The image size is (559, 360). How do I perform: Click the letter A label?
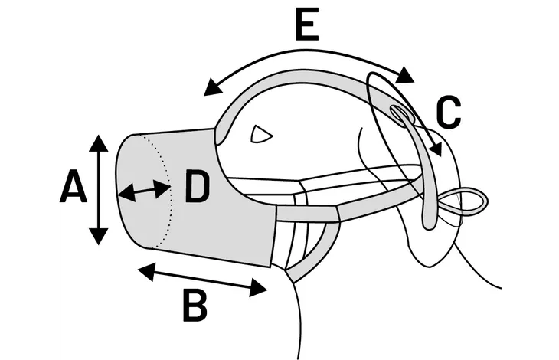[73, 186]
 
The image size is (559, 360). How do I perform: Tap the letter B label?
[195, 305]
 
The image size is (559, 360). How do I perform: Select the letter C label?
[449, 112]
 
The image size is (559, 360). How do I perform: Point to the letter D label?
[197, 187]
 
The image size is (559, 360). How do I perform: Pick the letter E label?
[307, 24]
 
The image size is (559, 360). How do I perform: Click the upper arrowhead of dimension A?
[98, 143]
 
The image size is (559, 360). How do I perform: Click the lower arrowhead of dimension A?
[98, 237]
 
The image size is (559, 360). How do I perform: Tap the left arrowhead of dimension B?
[146, 272]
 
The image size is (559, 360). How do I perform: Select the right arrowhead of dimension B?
[258, 287]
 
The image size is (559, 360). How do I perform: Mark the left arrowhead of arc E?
[213, 87]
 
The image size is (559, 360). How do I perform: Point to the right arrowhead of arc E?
[404, 76]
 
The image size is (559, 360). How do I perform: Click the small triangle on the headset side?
[261, 134]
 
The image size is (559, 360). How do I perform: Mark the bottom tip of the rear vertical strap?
[430, 227]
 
